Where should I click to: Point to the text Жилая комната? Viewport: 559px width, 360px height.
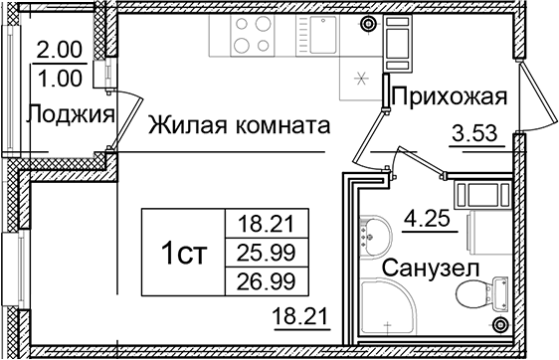[240, 127]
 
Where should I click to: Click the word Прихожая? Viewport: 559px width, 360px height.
[450, 96]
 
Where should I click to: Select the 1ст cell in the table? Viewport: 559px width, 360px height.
[184, 253]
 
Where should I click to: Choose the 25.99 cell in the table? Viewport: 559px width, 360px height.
[266, 247]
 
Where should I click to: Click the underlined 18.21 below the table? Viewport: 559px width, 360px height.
[297, 318]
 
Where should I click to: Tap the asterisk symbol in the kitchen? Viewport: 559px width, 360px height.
[361, 80]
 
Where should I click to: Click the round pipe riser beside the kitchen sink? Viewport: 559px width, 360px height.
[369, 23]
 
